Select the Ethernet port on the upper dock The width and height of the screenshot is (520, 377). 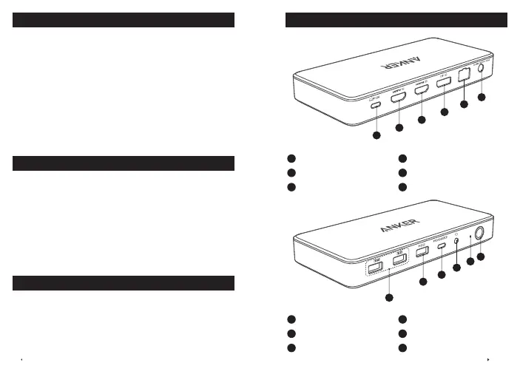pyautogui.click(x=465, y=74)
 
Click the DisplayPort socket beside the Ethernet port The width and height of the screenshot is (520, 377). pyautogui.click(x=445, y=82)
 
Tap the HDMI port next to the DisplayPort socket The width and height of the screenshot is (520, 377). pyautogui.click(x=422, y=90)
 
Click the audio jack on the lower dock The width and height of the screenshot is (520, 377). pyautogui.click(x=456, y=240)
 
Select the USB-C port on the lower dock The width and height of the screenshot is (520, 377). pyautogui.click(x=442, y=245)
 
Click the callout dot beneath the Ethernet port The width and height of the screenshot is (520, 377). pyautogui.click(x=465, y=105)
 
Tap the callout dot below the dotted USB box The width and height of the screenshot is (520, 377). pyautogui.click(x=388, y=297)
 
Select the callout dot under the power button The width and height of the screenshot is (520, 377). pyautogui.click(x=481, y=257)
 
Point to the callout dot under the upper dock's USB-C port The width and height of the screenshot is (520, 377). pyautogui.click(x=376, y=136)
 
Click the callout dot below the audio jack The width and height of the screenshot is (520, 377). pyautogui.click(x=456, y=268)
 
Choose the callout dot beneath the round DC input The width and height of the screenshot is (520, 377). pyautogui.click(x=482, y=97)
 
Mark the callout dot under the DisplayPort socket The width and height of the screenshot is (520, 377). pyautogui.click(x=445, y=112)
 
